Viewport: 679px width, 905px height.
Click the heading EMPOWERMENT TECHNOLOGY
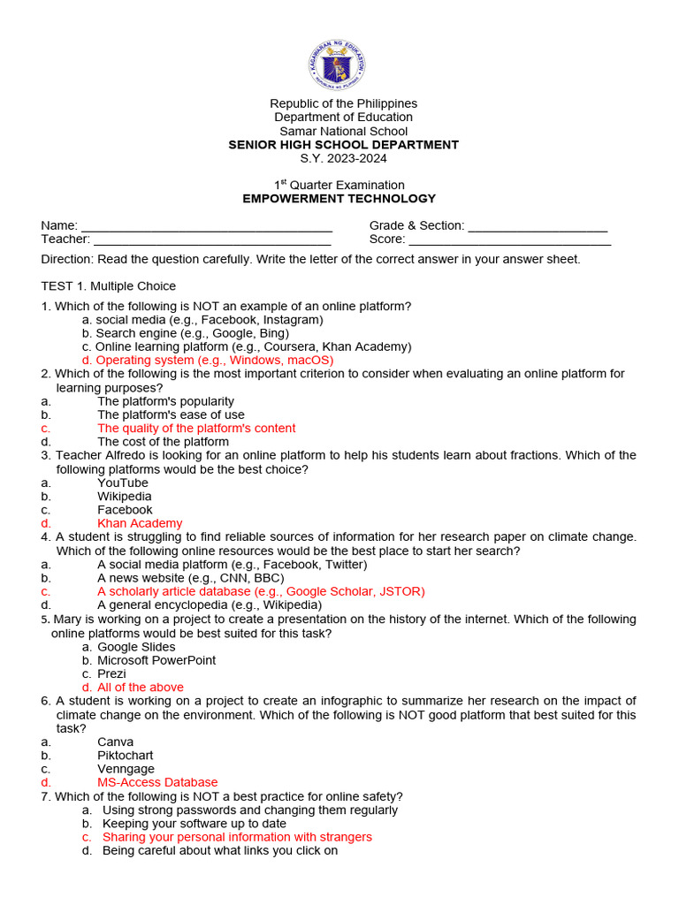pyautogui.click(x=339, y=199)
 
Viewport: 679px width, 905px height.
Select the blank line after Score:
pyautogui.click(x=510, y=240)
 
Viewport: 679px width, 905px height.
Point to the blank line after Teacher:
pyautogui.click(x=212, y=240)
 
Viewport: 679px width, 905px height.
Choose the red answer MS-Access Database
pyautogui.click(x=157, y=782)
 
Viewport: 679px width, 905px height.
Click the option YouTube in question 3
pyautogui.click(x=123, y=483)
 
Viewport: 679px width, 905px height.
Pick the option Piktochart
pyautogui.click(x=125, y=756)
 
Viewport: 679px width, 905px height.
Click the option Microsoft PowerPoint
pyautogui.click(x=156, y=660)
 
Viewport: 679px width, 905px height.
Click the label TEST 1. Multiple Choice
pyautogui.click(x=109, y=285)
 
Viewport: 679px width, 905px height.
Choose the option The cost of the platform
pyautogui.click(x=163, y=442)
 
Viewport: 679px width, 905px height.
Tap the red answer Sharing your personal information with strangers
pyautogui.click(x=237, y=837)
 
